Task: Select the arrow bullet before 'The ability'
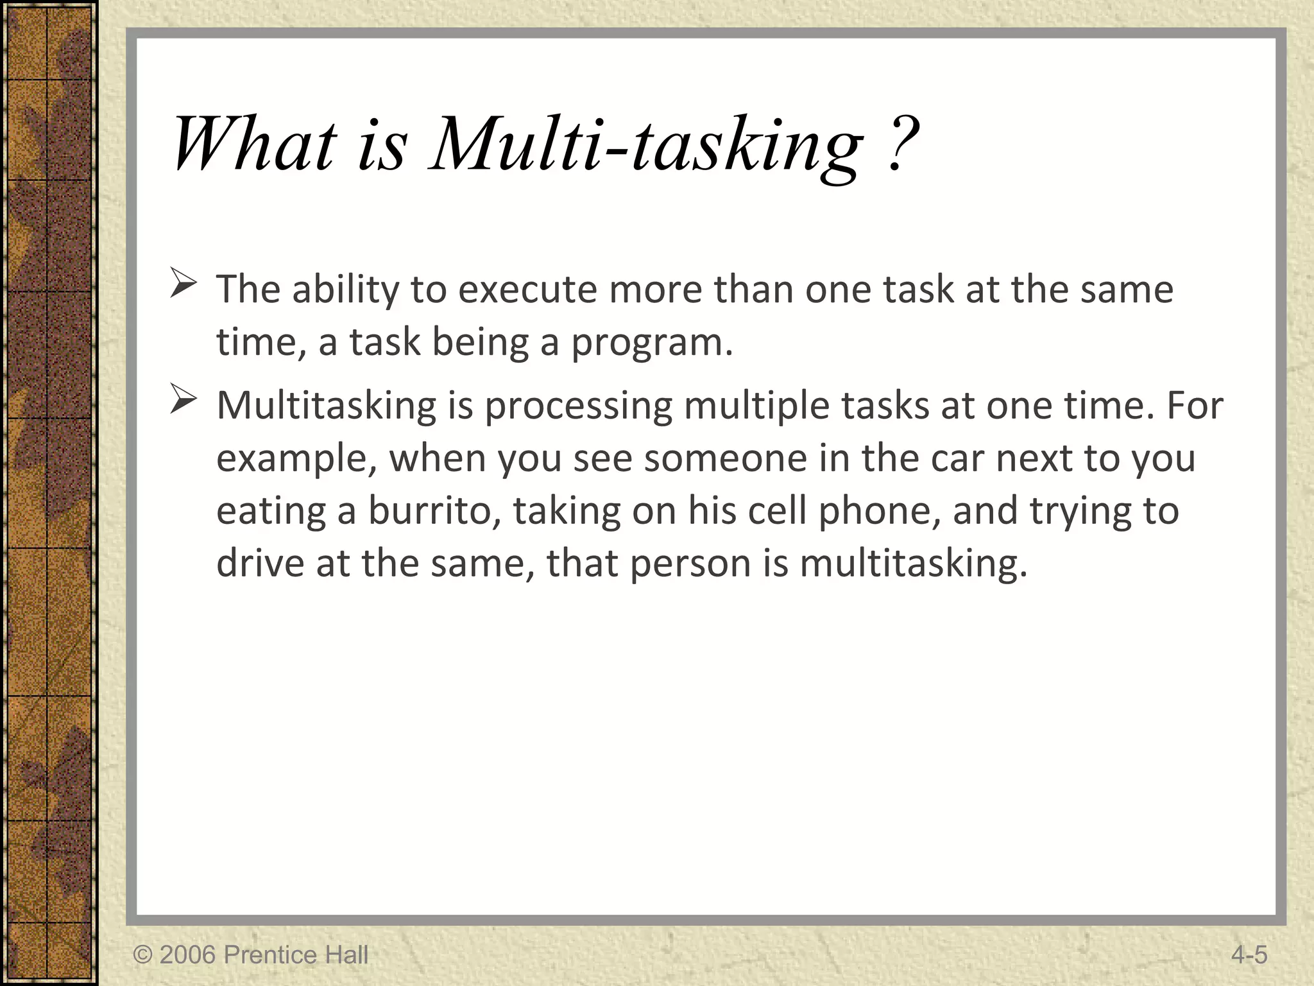tap(183, 284)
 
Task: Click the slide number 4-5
tap(1249, 955)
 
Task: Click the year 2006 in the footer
tap(187, 955)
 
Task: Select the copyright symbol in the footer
tap(142, 955)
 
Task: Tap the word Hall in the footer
tap(346, 955)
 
